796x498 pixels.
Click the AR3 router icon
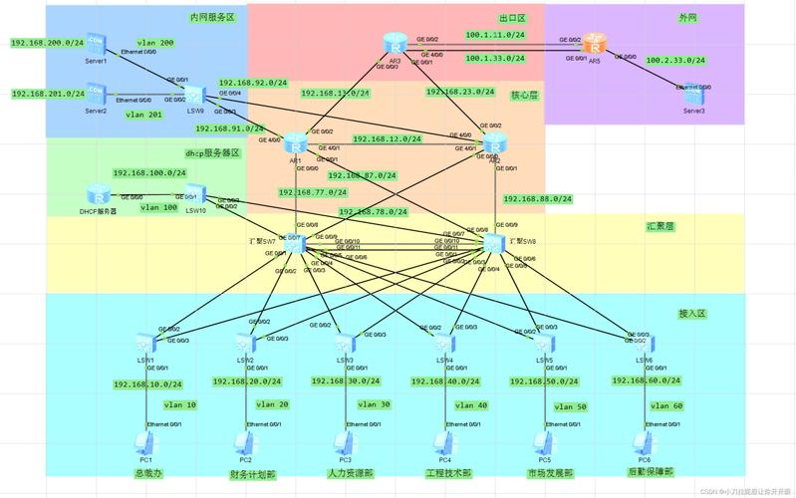point(395,44)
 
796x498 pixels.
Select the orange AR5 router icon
point(595,44)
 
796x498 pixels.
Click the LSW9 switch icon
point(195,94)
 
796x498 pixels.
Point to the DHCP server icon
point(98,195)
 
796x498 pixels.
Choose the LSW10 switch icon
point(195,193)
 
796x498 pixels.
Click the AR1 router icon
point(295,143)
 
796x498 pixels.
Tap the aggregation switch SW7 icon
point(293,242)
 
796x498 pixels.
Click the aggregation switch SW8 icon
point(494,243)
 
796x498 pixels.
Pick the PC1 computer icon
point(145,442)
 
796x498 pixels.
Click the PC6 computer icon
point(643,442)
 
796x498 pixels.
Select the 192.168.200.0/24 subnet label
point(47,43)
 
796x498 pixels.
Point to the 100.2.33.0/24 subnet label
point(675,61)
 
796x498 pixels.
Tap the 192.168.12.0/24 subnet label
point(389,139)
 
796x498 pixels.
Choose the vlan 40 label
point(470,406)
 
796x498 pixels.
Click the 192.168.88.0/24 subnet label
point(538,199)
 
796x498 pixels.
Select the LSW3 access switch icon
point(345,344)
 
